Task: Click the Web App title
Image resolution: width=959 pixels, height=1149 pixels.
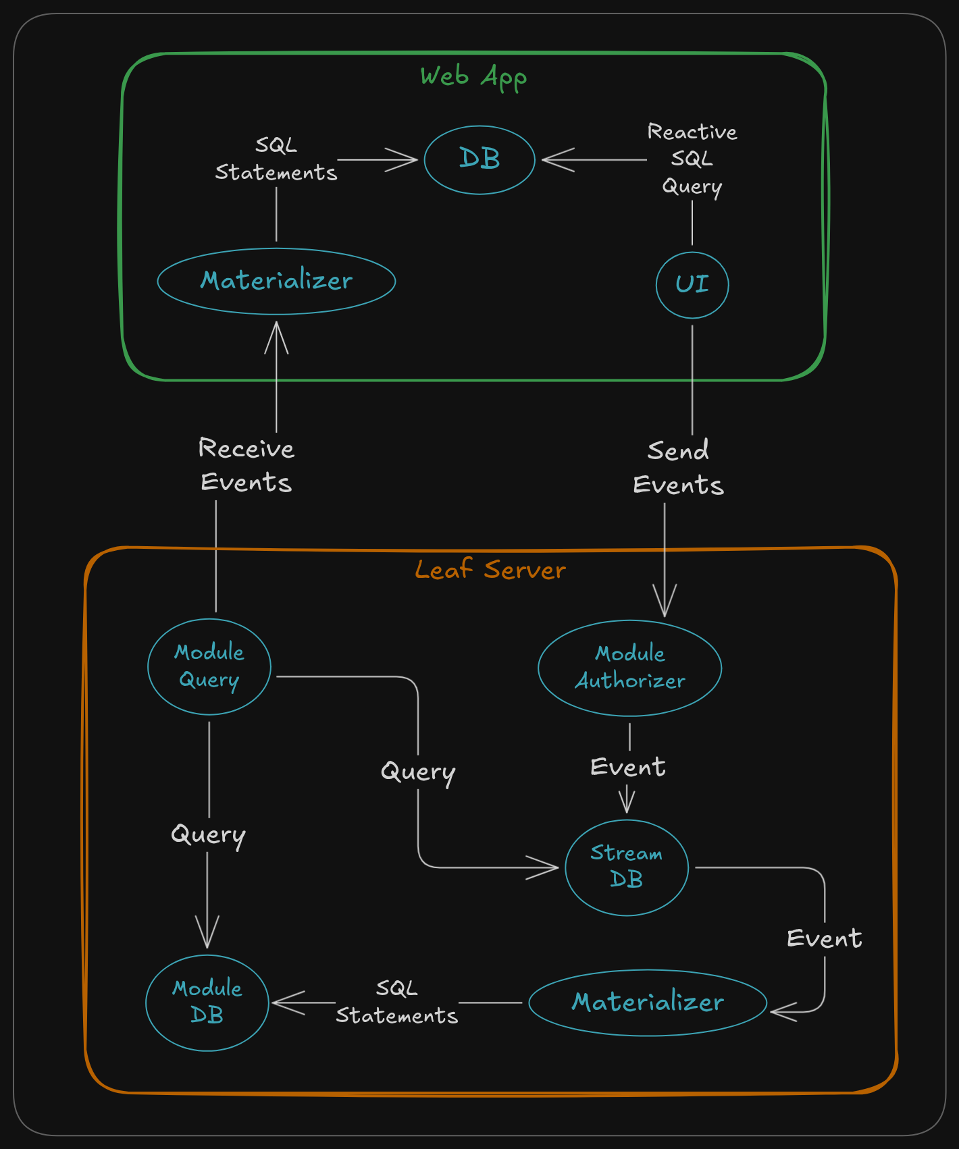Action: pyautogui.click(x=473, y=77)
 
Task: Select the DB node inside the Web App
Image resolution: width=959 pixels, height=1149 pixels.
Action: pyautogui.click(x=479, y=160)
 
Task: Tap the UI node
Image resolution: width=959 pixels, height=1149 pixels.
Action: pyautogui.click(x=692, y=284)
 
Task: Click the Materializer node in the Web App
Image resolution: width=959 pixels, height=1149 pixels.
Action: pyautogui.click(x=276, y=281)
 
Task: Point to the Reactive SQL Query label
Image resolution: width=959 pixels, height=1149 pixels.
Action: pyautogui.click(x=692, y=159)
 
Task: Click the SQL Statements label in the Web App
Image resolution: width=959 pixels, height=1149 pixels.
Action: pyautogui.click(x=276, y=159)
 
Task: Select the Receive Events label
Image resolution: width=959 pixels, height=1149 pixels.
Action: pyautogui.click(x=247, y=465)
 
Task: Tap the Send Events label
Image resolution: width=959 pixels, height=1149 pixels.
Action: pyautogui.click(x=678, y=467)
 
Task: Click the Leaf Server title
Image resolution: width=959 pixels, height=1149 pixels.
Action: pyautogui.click(x=490, y=570)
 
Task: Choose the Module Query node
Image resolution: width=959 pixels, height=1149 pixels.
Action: pyautogui.click(x=209, y=666)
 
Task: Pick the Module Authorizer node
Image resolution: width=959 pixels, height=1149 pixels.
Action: pyautogui.click(x=629, y=668)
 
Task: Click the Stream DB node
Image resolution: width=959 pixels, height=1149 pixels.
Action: pyautogui.click(x=627, y=867)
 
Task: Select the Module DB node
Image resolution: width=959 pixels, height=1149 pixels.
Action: pyautogui.click(x=207, y=1003)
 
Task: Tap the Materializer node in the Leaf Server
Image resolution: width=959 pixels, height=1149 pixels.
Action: pyautogui.click(x=648, y=1003)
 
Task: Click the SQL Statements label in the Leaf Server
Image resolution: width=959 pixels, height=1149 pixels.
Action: pyautogui.click(x=397, y=1003)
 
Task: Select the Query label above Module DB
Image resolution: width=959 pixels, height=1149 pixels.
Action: pyautogui.click(x=208, y=835)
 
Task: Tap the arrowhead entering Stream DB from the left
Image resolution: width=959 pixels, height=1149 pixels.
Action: pyautogui.click(x=546, y=867)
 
